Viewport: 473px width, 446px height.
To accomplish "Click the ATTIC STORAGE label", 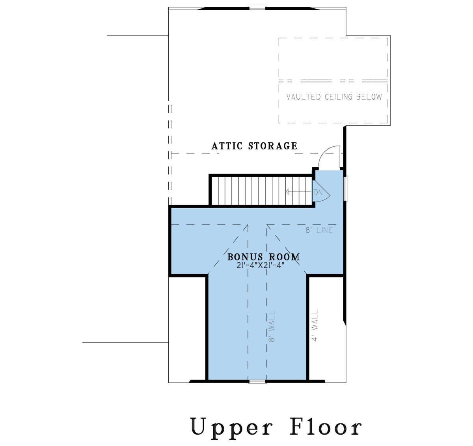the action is click(254, 146).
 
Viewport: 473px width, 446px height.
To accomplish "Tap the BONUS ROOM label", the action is click(264, 257).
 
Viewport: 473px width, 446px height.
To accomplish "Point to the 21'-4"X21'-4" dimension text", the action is click(261, 265).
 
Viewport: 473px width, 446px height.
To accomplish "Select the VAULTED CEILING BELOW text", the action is click(334, 97).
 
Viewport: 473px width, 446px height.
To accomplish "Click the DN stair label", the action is click(318, 192).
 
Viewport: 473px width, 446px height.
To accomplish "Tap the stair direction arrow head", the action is click(287, 191).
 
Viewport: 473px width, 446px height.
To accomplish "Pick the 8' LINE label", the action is click(319, 230).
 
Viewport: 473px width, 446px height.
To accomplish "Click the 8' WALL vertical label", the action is click(272, 326).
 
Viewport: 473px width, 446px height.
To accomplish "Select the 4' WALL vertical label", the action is click(315, 325).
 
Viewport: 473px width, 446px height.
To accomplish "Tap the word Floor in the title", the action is click(326, 426).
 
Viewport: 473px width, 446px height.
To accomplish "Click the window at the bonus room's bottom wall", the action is click(257, 382).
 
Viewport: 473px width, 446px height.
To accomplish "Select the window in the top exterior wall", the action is click(257, 8).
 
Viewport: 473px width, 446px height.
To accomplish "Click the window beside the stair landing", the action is click(346, 189).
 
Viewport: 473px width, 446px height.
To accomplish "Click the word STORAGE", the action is click(273, 146).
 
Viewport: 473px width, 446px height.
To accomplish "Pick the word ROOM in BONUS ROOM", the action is click(284, 257).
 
